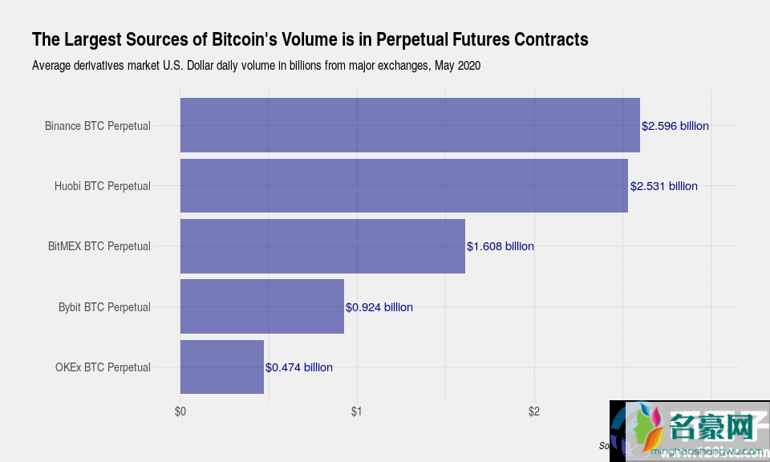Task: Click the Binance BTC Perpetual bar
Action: pyautogui.click(x=410, y=125)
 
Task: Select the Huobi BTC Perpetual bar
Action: pyautogui.click(x=403, y=186)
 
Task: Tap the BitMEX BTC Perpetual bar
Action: pyautogui.click(x=322, y=246)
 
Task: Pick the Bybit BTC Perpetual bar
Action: pyautogui.click(x=262, y=306)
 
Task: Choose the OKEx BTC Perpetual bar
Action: pyautogui.click(x=222, y=367)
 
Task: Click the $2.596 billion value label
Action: pyautogui.click(x=675, y=126)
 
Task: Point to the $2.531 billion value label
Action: pyautogui.click(x=663, y=186)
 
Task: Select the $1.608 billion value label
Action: pyautogui.click(x=500, y=246)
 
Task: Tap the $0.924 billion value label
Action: pyautogui.click(x=379, y=307)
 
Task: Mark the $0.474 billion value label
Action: pyautogui.click(x=299, y=367)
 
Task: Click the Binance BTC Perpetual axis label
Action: pyautogui.click(x=98, y=126)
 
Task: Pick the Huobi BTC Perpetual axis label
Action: pyautogui.click(x=103, y=186)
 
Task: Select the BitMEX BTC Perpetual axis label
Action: pyautogui.click(x=99, y=246)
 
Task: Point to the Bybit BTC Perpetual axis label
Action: pyautogui.click(x=104, y=307)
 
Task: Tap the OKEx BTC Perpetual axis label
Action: pyautogui.click(x=103, y=367)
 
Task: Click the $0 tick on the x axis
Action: pyautogui.click(x=180, y=412)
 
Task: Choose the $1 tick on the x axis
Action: pyautogui.click(x=357, y=412)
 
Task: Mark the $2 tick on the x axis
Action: pyautogui.click(x=534, y=412)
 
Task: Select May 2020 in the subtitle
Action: pyautogui.click(x=457, y=66)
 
